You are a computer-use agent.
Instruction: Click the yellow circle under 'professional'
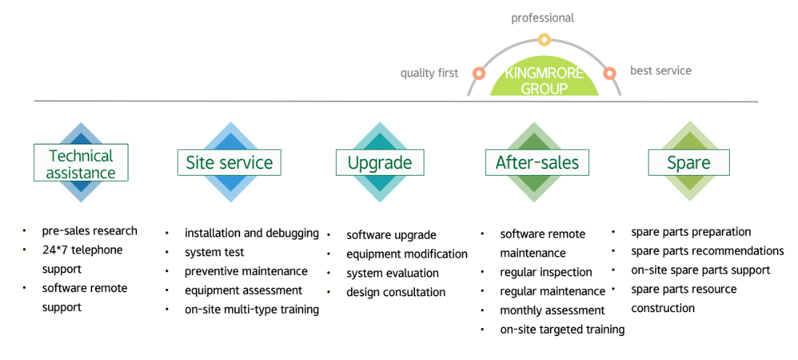click(x=544, y=39)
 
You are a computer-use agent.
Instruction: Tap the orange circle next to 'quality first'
click(x=478, y=73)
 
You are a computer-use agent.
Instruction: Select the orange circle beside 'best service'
click(x=609, y=73)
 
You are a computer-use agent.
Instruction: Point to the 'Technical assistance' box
click(x=81, y=163)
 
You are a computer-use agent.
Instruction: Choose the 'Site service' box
click(x=229, y=163)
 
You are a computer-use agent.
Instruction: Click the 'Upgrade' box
click(x=379, y=163)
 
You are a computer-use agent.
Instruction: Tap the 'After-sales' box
click(x=537, y=163)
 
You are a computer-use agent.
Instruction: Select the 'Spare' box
click(x=688, y=163)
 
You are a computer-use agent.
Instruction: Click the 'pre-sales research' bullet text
click(x=89, y=231)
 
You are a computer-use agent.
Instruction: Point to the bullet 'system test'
click(x=214, y=252)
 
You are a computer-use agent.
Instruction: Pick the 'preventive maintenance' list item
click(x=246, y=271)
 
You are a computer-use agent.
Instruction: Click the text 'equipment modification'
click(x=407, y=253)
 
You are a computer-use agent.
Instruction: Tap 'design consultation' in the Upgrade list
click(x=396, y=292)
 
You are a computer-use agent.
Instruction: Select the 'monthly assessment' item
click(x=552, y=310)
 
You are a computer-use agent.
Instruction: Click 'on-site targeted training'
click(x=562, y=330)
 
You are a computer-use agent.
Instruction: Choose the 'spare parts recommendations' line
click(x=707, y=251)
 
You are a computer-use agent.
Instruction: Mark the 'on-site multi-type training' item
click(x=252, y=310)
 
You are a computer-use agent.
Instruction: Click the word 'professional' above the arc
click(x=543, y=18)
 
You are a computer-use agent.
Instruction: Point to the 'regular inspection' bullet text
click(x=546, y=272)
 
